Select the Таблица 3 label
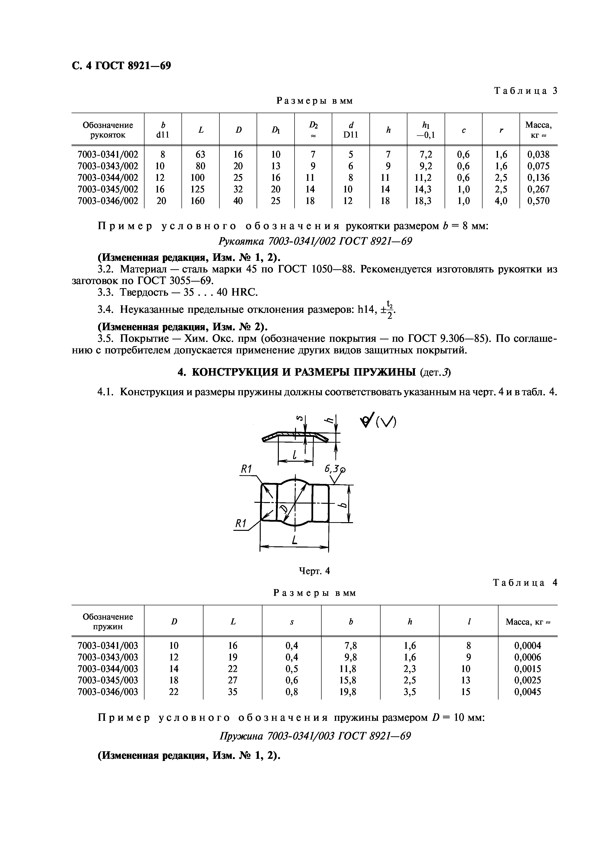click(525, 91)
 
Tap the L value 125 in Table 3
click(200, 190)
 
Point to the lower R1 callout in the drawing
click(241, 523)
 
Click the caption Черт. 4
click(314, 571)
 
